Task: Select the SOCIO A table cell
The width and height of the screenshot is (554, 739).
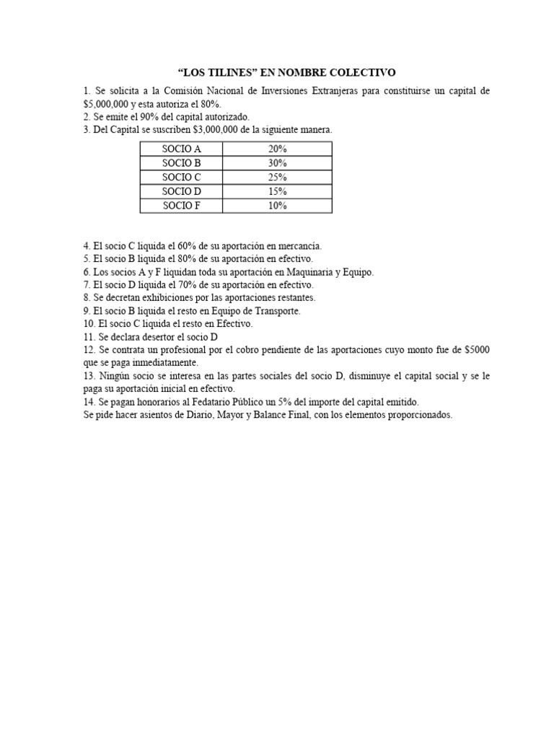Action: [181, 149]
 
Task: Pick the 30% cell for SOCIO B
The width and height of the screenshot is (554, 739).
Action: [277, 163]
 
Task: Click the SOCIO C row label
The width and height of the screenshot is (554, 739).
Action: [181, 178]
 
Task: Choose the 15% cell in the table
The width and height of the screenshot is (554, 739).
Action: [277, 192]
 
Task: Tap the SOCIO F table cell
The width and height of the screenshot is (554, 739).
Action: [181, 206]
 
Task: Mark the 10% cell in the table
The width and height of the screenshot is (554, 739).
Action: [277, 206]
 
